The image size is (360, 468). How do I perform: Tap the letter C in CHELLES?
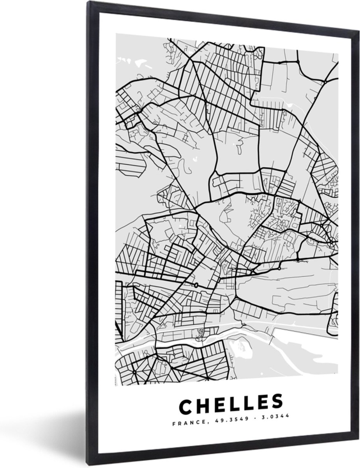pyautogui.click(x=186, y=405)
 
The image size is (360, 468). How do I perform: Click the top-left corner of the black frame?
pyautogui.click(x=89, y=3)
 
